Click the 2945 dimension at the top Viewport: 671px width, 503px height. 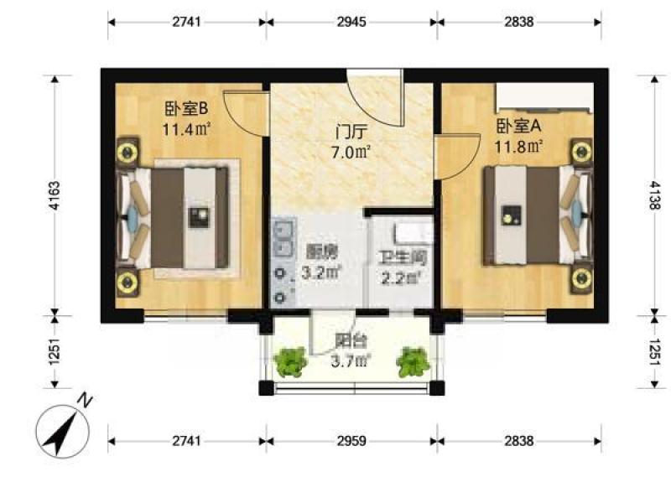(351, 22)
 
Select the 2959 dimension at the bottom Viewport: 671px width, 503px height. (351, 441)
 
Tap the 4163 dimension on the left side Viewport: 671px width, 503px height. (55, 196)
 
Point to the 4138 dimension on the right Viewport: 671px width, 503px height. (655, 195)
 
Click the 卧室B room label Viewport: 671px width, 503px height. (186, 109)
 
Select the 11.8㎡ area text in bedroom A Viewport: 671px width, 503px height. (518, 148)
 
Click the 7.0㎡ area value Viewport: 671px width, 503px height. (351, 153)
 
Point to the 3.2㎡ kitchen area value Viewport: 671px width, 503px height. (321, 272)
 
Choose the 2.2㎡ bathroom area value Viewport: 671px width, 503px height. (401, 278)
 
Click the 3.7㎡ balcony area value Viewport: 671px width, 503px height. (350, 362)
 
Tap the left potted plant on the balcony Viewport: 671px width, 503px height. (291, 362)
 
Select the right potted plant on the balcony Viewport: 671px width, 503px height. (413, 362)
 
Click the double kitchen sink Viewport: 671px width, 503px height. (283, 237)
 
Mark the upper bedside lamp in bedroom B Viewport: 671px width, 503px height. (127, 152)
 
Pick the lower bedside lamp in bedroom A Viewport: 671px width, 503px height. (581, 278)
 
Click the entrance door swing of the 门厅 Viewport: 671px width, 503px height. (375, 101)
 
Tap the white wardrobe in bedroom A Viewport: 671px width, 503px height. (544, 98)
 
